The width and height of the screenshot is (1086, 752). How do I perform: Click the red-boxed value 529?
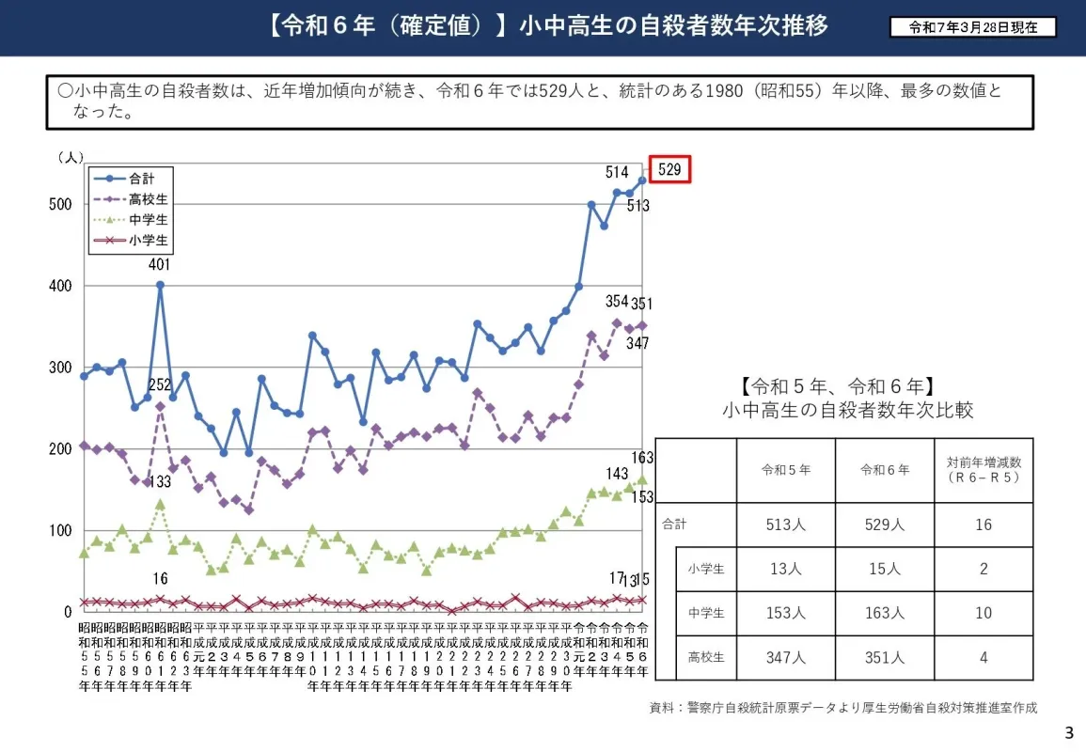click(669, 169)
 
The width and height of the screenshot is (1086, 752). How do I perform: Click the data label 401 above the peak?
click(161, 265)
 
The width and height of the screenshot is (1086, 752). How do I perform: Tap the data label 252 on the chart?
click(160, 384)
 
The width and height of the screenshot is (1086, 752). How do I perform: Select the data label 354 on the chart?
click(617, 301)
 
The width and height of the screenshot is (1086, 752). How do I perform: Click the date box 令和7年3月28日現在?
click(973, 27)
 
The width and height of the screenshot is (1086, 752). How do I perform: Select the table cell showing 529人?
click(884, 525)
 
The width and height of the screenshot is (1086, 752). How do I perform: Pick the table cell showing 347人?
click(785, 658)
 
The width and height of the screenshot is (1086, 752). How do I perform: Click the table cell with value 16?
click(984, 525)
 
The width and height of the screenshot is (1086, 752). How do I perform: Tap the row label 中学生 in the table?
click(706, 613)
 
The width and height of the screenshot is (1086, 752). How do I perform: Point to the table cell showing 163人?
click(884, 613)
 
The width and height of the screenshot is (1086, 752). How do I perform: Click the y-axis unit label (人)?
click(71, 157)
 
